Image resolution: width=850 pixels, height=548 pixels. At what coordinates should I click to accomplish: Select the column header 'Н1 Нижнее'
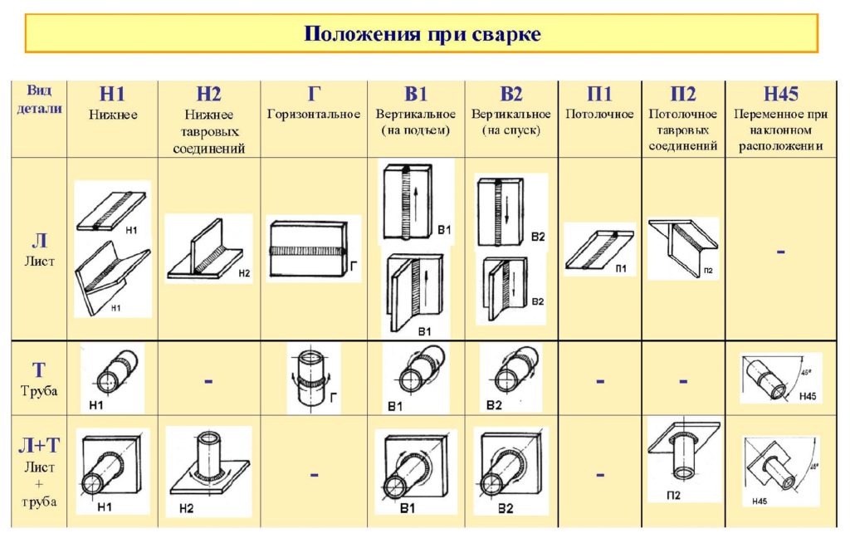click(x=113, y=105)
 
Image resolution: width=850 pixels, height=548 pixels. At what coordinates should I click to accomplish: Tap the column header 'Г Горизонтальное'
click(x=314, y=105)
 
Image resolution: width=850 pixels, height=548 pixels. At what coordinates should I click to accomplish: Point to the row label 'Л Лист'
click(x=39, y=249)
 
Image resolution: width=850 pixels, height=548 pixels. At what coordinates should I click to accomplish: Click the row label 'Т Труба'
click(x=39, y=379)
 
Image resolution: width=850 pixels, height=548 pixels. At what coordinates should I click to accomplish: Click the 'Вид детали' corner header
click(x=39, y=100)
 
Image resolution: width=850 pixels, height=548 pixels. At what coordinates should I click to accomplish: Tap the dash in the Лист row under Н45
click(x=780, y=249)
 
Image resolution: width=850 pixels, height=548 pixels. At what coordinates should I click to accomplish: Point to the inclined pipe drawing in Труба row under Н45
click(x=779, y=378)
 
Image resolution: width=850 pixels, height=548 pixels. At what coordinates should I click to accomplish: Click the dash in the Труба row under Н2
click(x=208, y=380)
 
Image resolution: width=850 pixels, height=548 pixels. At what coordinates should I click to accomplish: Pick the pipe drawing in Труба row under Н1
click(x=112, y=378)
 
